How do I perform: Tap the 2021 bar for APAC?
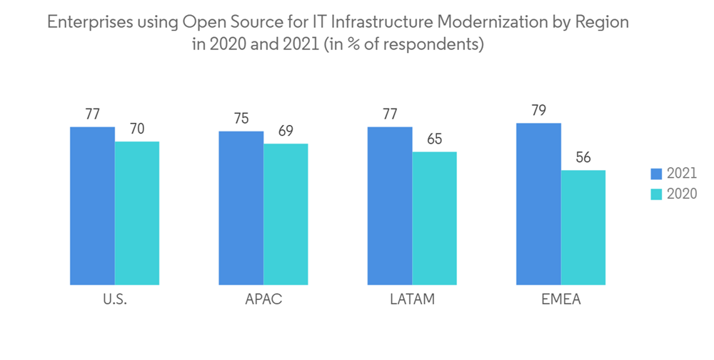241,208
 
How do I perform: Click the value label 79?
538,110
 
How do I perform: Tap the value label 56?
583,157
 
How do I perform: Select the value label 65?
434,139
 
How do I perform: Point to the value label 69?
286,131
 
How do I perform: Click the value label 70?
137,129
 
